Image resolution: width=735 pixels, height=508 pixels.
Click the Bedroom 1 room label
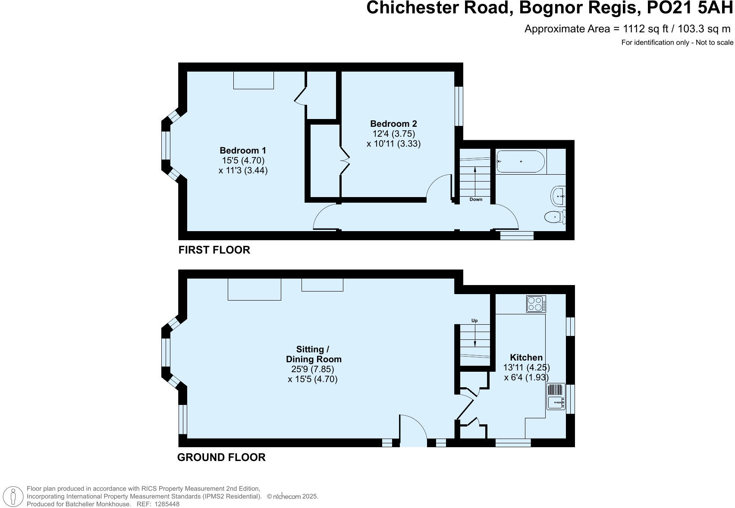pos(243,151)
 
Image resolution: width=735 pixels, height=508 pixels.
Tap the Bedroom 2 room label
pos(393,124)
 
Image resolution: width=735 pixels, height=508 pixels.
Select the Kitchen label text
pos(526,357)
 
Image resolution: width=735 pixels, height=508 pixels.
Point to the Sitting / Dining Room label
pos(313,354)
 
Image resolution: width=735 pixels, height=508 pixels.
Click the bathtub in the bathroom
pos(520,161)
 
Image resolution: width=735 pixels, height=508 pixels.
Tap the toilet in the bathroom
pos(555,217)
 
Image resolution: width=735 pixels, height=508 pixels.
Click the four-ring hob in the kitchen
pos(536,304)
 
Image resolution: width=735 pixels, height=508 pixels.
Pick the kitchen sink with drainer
pos(556,397)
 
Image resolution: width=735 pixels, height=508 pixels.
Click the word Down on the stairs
pos(476,200)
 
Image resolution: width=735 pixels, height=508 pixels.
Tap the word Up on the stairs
pos(474,321)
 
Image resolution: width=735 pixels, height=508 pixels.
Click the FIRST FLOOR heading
pos(214,250)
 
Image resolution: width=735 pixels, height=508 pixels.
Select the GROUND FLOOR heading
pos(221,458)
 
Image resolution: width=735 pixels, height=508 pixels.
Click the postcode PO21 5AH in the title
pos(690,8)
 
